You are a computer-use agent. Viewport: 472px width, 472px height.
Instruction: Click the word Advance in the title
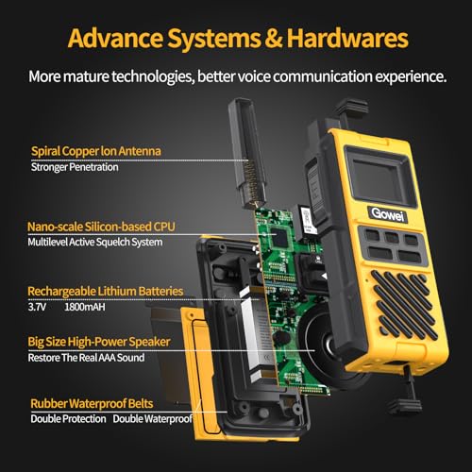112,38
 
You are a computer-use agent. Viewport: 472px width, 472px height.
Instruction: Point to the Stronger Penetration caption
76,169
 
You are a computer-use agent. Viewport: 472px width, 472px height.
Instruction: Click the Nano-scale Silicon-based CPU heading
101,227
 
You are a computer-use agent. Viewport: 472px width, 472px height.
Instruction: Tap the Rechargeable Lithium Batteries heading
105,291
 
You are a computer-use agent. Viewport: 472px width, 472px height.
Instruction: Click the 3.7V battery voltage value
42,307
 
